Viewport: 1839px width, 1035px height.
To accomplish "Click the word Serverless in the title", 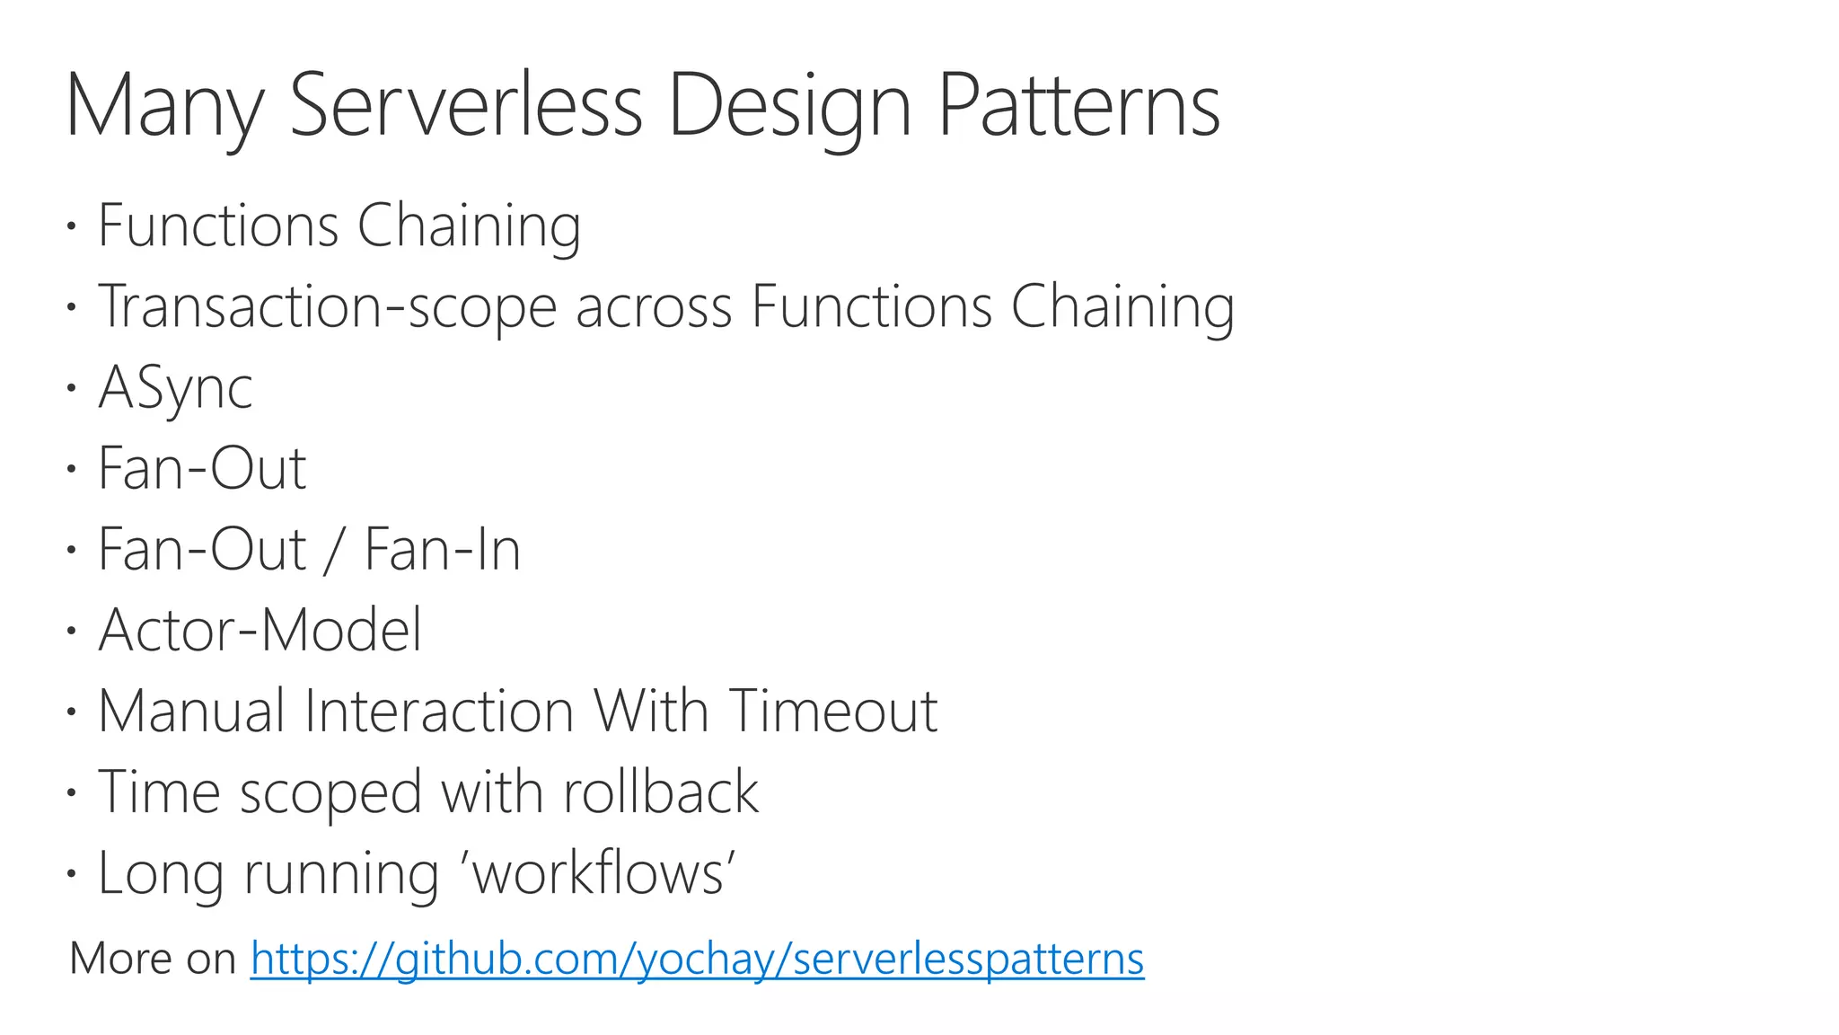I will [465, 105].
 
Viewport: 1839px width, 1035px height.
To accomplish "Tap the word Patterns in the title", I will [1078, 105].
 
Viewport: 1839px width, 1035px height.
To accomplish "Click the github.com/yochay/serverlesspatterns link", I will [697, 958].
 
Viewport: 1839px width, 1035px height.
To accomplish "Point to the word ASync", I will [175, 388].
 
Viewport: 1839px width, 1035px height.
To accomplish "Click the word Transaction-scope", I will [327, 307].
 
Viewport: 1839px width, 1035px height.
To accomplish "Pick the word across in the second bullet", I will [654, 307].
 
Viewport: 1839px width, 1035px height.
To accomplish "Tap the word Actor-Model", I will [260, 630].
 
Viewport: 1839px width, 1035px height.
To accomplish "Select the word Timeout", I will [832, 711].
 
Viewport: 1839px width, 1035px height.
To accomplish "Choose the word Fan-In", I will [442, 549].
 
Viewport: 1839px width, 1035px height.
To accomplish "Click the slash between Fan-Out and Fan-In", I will [334, 550].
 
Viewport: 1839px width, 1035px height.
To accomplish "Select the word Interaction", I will [439, 711].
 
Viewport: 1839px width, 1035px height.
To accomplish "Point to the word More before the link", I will [120, 958].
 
